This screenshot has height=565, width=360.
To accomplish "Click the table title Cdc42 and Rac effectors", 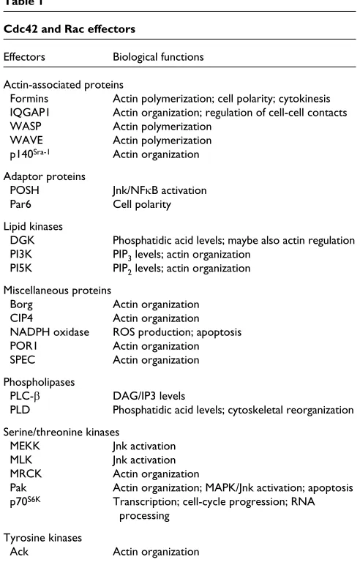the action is click(x=70, y=29).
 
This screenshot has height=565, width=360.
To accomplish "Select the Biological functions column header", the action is click(x=158, y=57).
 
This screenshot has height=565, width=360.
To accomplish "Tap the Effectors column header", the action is click(x=24, y=57).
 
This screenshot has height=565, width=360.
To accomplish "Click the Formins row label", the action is click(x=29, y=99).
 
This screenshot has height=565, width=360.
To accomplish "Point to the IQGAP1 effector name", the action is click(x=30, y=113).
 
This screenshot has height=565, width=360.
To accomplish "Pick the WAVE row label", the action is click(x=26, y=141).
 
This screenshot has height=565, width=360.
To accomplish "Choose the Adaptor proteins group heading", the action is click(x=45, y=176).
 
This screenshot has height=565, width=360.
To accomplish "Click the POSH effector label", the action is click(x=24, y=190).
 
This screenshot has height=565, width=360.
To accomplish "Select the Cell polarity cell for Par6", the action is click(x=142, y=204).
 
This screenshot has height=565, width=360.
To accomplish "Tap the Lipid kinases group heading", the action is click(x=33, y=226).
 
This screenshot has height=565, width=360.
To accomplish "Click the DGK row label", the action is click(x=23, y=240).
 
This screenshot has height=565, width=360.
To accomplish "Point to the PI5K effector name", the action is click(x=21, y=268).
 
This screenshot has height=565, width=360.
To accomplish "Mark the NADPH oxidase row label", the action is click(x=49, y=332).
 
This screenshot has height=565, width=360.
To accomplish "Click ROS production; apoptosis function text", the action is click(x=177, y=332).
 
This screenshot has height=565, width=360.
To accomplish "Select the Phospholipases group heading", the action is click(x=39, y=382).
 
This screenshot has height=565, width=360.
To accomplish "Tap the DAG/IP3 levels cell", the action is click(x=149, y=396).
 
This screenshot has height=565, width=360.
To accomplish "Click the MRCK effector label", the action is click(x=26, y=474).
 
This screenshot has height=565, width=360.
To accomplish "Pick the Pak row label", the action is click(x=18, y=487).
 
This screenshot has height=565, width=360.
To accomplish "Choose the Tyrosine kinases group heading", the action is click(x=42, y=538).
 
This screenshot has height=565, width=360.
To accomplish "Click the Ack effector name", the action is click(x=19, y=552).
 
